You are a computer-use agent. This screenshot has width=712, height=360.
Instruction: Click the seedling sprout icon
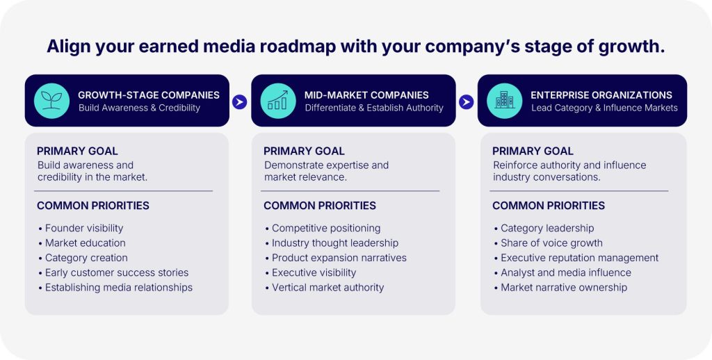pos(51,101)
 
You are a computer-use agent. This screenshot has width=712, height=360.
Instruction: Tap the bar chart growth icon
pos(278,101)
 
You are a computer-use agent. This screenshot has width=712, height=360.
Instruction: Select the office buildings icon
pos(504,101)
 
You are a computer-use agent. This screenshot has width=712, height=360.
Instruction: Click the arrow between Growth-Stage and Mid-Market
pos(240,101)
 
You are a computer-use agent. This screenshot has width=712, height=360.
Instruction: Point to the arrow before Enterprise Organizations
pos(467,101)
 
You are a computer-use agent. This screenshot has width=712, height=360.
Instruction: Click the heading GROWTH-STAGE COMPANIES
pos(149,95)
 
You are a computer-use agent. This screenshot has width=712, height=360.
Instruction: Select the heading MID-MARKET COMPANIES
pos(366,95)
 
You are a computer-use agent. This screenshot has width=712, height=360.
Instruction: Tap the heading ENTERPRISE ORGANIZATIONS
pos(601,95)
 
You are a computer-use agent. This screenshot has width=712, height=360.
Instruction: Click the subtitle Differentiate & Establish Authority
pos(374,108)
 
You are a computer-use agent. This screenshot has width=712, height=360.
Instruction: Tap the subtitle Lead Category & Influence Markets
pos(604,108)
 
